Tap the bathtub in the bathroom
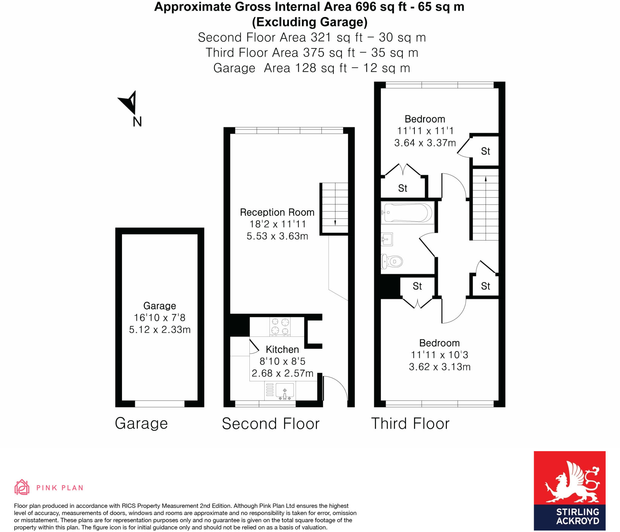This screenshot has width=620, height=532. point(407,213)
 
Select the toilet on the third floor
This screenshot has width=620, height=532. point(392,261)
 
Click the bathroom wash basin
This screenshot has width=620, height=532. point(387,240)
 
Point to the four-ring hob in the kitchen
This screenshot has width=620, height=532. point(280,326)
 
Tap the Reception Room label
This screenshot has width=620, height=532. point(277,212)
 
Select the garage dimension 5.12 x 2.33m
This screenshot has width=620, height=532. point(160,329)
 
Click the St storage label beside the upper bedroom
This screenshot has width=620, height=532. point(485,151)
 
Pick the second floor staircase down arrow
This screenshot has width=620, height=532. point(335,223)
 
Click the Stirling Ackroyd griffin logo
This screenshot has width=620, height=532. point(569,479)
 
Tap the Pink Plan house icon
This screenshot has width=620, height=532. point(22,487)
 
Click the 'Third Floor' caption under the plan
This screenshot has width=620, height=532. point(410,424)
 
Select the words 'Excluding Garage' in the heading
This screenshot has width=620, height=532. point(310,22)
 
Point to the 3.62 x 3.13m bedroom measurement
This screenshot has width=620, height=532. point(440,367)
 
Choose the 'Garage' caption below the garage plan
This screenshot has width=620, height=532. point(141,424)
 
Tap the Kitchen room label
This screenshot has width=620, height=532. point(282,349)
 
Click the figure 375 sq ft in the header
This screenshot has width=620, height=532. point(329,53)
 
